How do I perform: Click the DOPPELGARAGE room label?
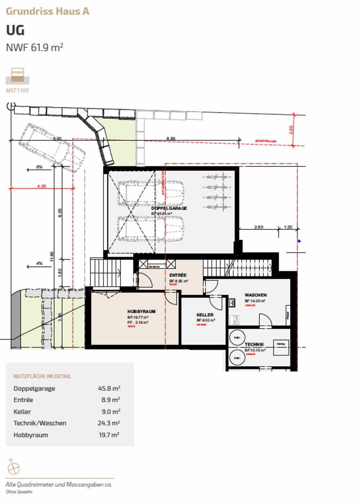[x=169, y=208]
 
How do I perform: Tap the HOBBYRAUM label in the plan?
[x=141, y=311]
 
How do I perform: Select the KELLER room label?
[x=204, y=315]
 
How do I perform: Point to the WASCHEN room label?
[x=256, y=295]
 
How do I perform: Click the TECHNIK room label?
[x=254, y=344]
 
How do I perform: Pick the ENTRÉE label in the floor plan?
[x=178, y=275]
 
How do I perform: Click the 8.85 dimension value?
[x=171, y=138]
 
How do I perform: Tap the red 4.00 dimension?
[x=41, y=186]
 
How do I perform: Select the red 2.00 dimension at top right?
[x=291, y=130]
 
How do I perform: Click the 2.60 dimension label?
[x=258, y=227]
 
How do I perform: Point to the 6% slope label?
[x=39, y=167]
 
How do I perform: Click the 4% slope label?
[x=39, y=263]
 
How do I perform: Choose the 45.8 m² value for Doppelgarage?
[x=109, y=388]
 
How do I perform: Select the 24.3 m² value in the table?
[x=108, y=423]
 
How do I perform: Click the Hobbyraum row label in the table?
[x=31, y=435]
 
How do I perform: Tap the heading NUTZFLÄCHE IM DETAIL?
[x=42, y=376]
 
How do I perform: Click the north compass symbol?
[x=13, y=468]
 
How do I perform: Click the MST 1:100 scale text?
[x=17, y=90]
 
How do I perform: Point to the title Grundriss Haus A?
[x=47, y=11]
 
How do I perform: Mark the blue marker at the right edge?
[x=299, y=241]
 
